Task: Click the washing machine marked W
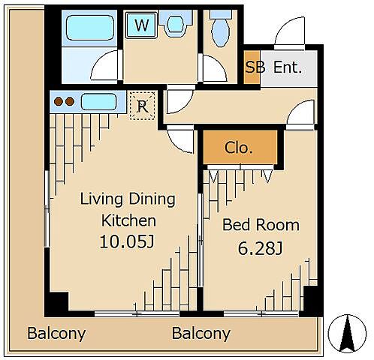141,25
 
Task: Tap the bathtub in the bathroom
89,28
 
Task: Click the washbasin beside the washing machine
176,24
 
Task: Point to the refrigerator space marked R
143,106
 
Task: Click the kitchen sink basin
98,102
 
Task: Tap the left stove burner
59,101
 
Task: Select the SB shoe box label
255,67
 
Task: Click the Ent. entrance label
288,67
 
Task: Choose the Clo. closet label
238,148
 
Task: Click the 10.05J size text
127,241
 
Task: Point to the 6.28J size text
260,248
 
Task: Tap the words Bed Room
261,225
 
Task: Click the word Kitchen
128,220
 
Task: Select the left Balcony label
56,334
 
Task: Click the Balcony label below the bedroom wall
201,334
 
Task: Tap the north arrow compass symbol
347,334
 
